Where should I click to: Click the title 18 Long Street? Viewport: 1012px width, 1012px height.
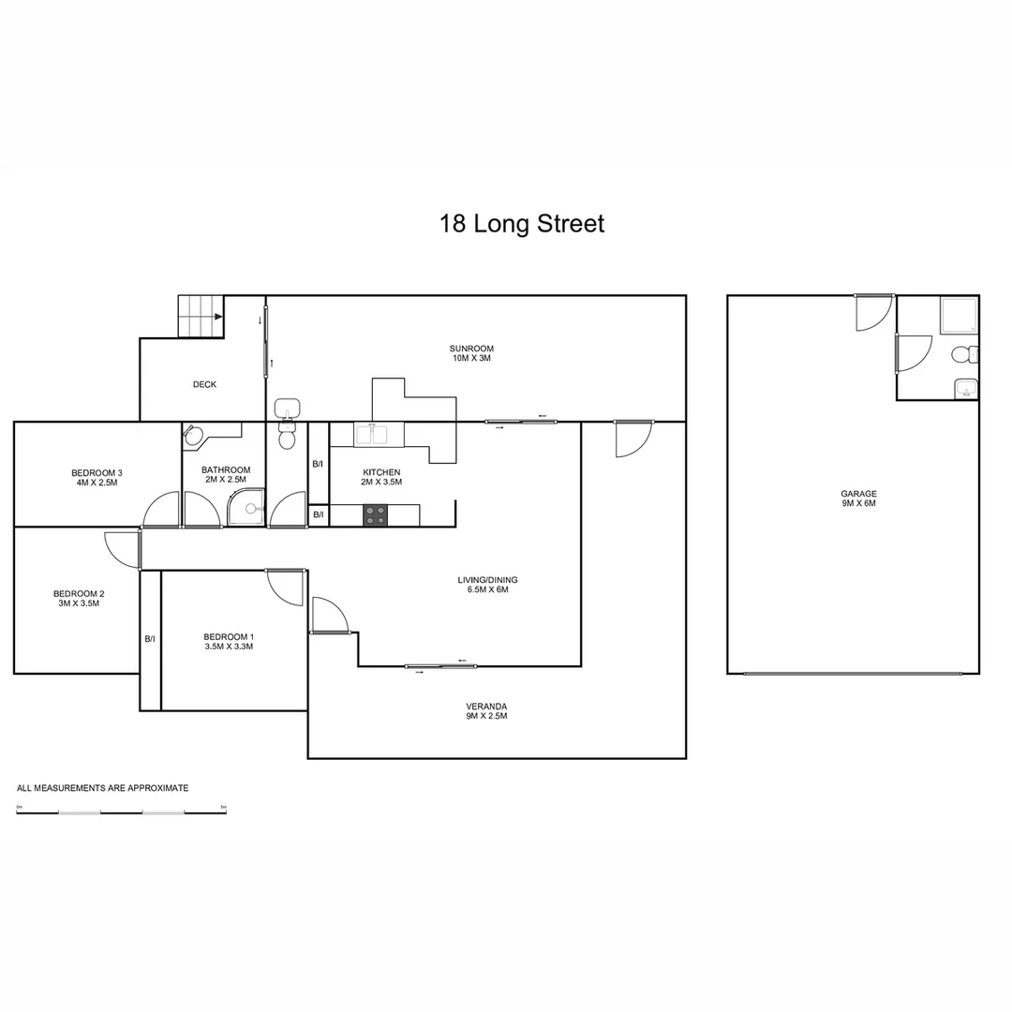[522, 224]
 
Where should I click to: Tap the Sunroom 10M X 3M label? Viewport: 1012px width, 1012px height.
[470, 353]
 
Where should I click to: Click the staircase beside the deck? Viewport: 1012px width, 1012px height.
[201, 317]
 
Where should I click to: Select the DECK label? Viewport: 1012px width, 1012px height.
[204, 384]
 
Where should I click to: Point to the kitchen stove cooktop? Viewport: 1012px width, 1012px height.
[376, 515]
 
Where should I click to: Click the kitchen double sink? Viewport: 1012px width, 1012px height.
[379, 435]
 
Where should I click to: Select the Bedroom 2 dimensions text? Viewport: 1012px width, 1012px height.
[78, 603]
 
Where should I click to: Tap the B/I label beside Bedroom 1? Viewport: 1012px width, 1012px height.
[150, 639]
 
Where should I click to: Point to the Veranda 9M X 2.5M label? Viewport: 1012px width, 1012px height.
[486, 710]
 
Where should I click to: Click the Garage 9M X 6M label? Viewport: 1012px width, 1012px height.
[858, 499]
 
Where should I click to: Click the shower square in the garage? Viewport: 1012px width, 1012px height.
[958, 316]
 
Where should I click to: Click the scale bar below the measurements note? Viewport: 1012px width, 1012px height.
[121, 810]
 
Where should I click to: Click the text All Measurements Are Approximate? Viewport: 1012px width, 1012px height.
[103, 788]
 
